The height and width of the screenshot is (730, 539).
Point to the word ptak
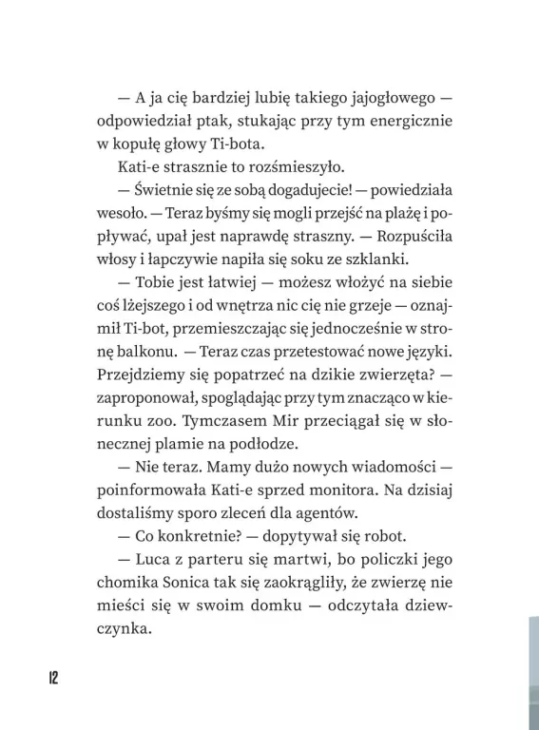(228, 122)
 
